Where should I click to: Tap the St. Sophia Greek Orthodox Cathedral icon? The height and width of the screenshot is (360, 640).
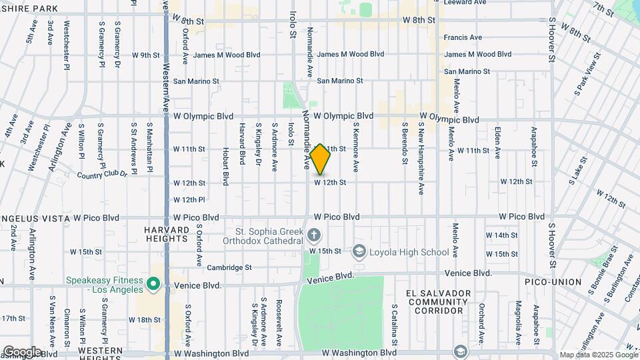315,235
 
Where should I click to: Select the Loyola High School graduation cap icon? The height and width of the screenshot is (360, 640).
360,251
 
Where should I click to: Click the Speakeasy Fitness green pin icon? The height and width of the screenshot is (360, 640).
153,285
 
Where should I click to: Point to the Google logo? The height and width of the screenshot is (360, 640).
21,351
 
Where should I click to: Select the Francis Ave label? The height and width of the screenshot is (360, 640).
463,37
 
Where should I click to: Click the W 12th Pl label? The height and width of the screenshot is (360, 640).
189,199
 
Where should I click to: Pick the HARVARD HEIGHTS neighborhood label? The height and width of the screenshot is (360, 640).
166,234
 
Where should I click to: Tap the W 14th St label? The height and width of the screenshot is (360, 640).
501,235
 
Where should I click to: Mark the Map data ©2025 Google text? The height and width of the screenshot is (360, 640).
597,355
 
